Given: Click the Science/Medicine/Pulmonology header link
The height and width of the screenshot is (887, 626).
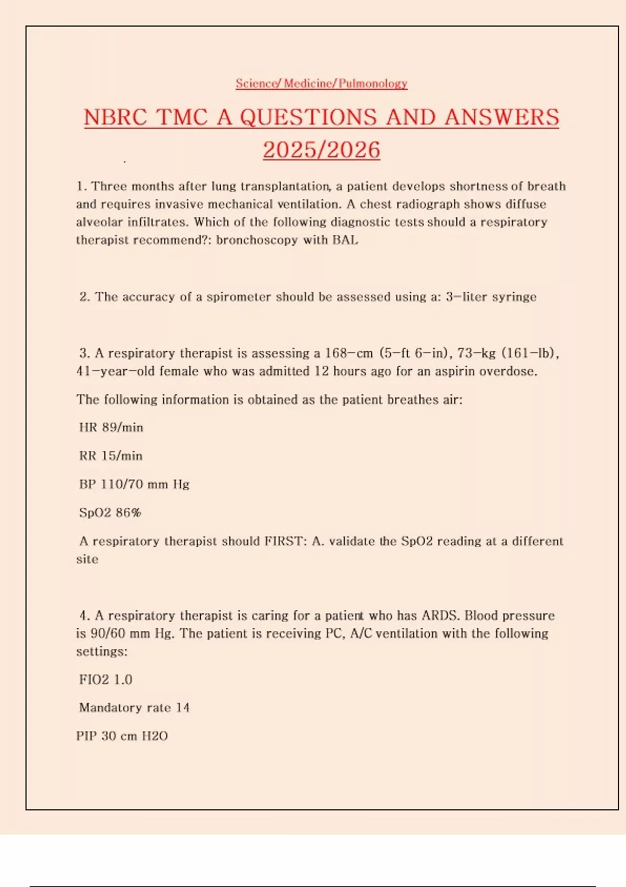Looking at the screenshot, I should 321,83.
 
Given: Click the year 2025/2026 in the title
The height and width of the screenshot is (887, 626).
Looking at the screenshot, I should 321,150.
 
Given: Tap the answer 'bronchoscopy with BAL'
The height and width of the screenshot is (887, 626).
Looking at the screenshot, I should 287,240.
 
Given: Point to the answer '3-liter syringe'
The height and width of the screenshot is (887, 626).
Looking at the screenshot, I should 491,297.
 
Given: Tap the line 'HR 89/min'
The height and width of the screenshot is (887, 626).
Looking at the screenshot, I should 111,427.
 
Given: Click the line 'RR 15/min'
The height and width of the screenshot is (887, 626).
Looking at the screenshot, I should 111,456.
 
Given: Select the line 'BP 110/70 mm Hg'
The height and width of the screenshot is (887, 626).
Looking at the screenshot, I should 134,484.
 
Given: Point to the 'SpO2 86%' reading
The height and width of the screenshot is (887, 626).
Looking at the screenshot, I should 110,513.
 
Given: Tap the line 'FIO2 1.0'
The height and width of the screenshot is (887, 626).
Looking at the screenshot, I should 105,679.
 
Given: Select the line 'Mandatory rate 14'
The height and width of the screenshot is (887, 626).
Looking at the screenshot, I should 134,708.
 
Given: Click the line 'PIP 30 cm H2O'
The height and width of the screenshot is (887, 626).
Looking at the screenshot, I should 122,736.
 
